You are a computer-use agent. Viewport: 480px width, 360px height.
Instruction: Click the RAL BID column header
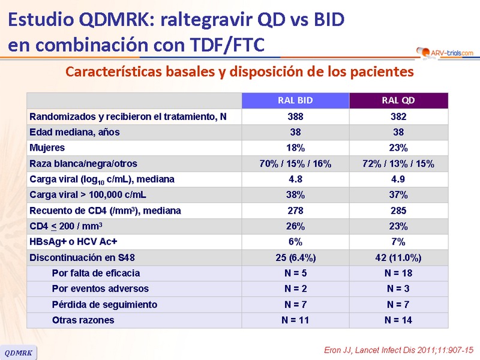coord(295,100)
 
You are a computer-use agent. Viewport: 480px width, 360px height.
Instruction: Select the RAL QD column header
coord(398,100)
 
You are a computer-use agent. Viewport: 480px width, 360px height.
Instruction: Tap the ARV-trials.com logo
coord(445,53)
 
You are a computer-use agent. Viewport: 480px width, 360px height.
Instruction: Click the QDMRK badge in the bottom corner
coord(19,352)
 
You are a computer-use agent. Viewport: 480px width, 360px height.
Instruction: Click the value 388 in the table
coord(295,116)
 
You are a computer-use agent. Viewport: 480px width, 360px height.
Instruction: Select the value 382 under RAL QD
coord(398,116)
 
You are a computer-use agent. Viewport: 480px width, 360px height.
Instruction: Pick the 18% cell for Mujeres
coord(295,148)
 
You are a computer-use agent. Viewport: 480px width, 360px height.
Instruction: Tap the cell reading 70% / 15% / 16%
coord(295,163)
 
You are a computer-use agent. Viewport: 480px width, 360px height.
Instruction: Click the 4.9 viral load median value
coord(398,179)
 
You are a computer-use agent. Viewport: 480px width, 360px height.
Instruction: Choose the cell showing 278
coord(295,211)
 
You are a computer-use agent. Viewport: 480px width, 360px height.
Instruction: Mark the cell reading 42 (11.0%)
coord(398,257)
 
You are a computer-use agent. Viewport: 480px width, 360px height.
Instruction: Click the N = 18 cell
coord(398,273)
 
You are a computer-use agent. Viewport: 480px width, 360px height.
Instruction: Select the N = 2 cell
coord(295,289)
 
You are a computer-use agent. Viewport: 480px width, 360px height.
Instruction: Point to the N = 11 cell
coord(295,320)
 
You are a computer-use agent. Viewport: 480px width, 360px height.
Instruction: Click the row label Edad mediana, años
coord(75,132)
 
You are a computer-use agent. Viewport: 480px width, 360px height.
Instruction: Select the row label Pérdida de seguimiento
coord(104,305)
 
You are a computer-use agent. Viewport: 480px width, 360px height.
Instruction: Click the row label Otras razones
coord(83,320)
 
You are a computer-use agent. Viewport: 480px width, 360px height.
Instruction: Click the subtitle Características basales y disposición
coord(239,72)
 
